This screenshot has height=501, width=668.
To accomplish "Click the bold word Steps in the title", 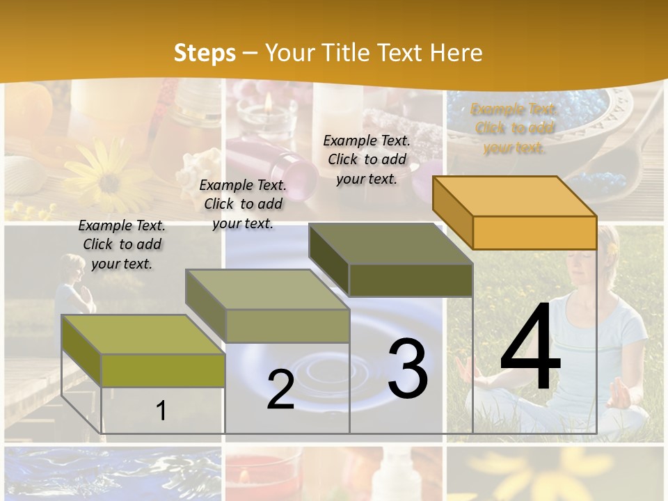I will pyautogui.click(x=205, y=53).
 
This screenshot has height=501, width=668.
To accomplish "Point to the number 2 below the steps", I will pyautogui.click(x=280, y=390).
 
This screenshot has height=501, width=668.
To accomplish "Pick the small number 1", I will pyautogui.click(x=161, y=411).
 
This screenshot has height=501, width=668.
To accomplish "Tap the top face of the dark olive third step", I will pyautogui.click(x=390, y=244).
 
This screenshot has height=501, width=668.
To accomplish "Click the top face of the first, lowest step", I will pyautogui.click(x=143, y=335).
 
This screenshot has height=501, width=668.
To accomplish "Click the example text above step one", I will pyautogui.click(x=122, y=244).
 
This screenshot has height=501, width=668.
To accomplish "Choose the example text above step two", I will pyautogui.click(x=243, y=204).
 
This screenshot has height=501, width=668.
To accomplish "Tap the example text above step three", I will pyautogui.click(x=367, y=159).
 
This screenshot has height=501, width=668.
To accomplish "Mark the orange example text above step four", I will pyautogui.click(x=514, y=128).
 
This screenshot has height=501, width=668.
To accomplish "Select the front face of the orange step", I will pyautogui.click(x=534, y=232).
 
